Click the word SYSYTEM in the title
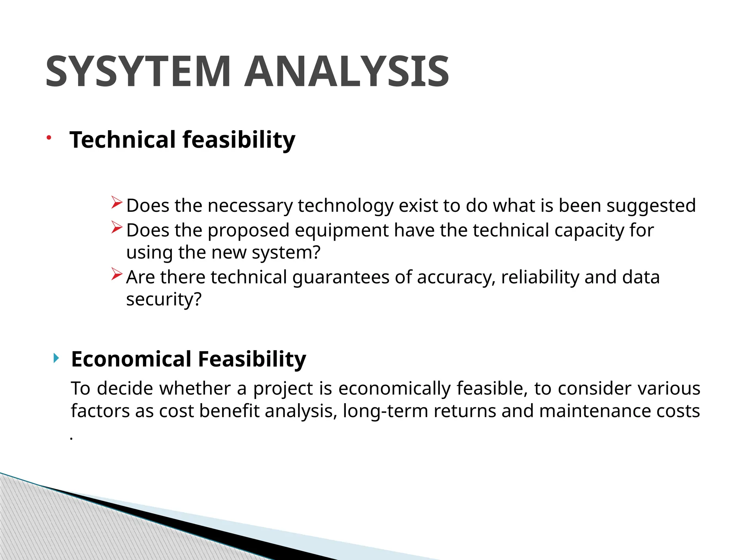point(138,71)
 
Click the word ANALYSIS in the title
point(347,71)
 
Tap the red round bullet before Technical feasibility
point(49,137)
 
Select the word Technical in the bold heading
point(123,140)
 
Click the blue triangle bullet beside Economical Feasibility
point(55,358)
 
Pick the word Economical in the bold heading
point(131,359)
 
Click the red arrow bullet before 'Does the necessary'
point(116,202)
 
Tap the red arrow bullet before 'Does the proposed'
point(116,227)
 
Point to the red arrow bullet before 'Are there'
point(116,274)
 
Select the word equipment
point(342,231)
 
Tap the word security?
point(164,300)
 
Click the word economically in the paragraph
point(395,389)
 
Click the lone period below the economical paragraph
point(71,439)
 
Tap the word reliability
point(540,277)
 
